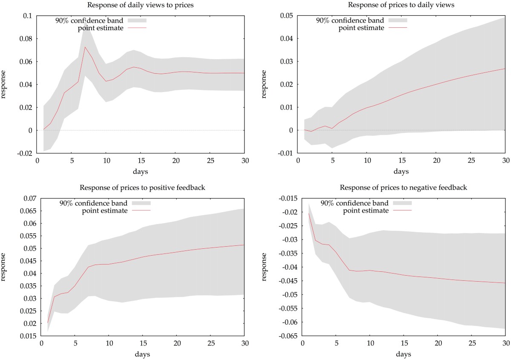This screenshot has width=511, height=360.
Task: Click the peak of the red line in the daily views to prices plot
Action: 85,47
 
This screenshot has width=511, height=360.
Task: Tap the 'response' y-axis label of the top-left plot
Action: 5,85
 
